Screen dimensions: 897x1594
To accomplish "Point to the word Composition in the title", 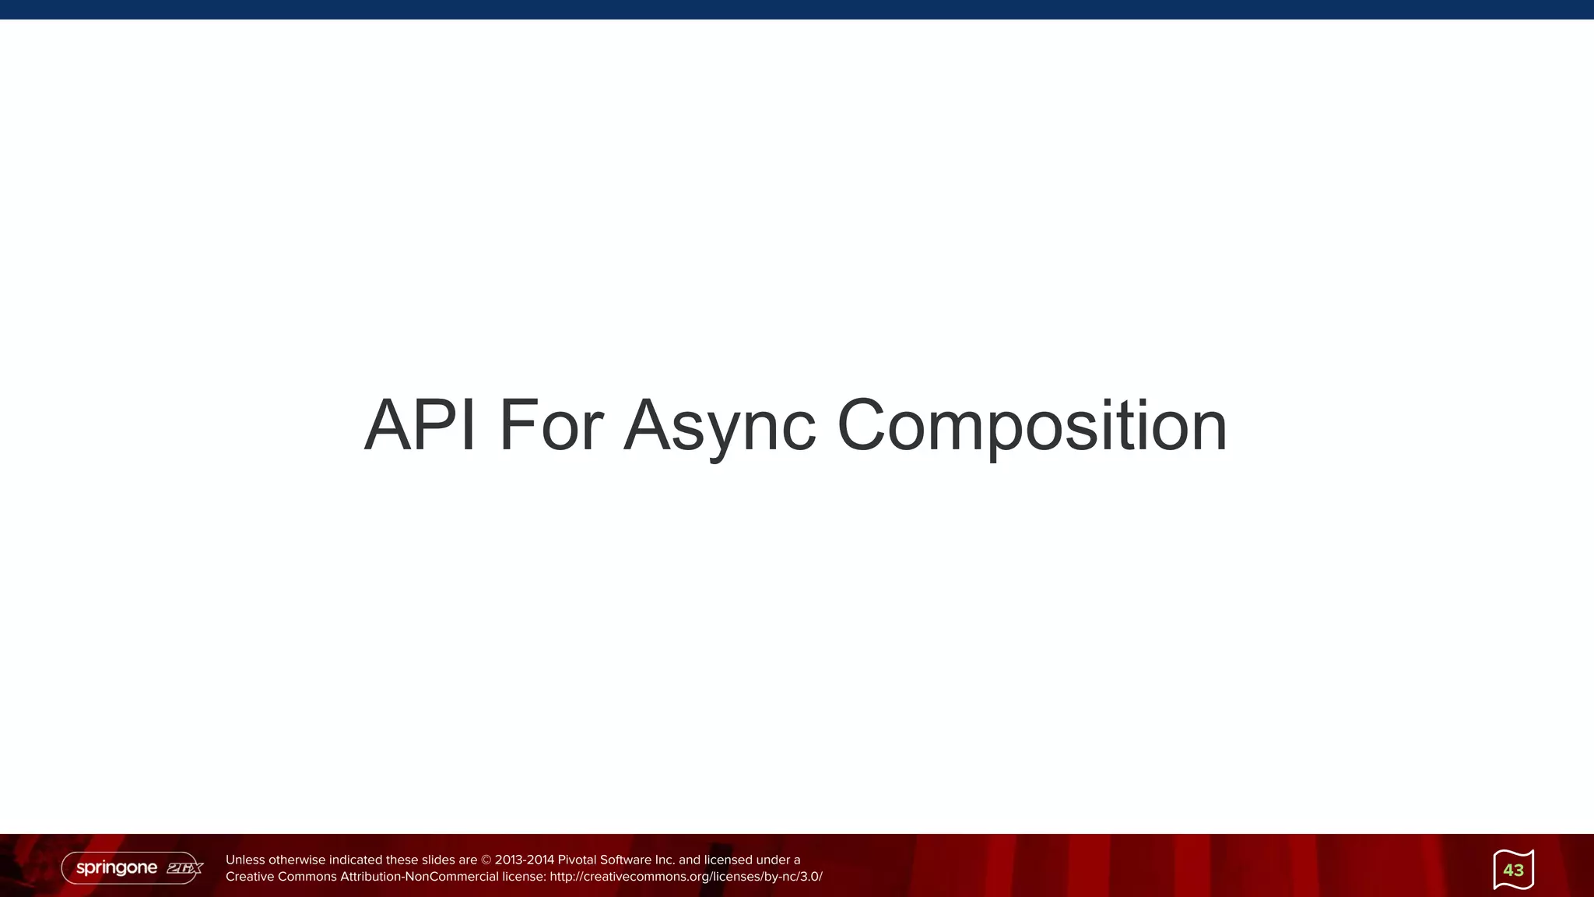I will tap(1031, 427).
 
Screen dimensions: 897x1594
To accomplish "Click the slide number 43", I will tap(1513, 870).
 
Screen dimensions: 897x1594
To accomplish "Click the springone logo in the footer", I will tap(117, 867).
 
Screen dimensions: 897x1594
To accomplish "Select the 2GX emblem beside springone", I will tap(184, 868).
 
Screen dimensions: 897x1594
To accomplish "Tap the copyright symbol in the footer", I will tap(486, 860).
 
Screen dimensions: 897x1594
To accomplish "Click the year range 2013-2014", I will tap(525, 860).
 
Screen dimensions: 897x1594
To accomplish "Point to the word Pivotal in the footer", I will tap(577, 860).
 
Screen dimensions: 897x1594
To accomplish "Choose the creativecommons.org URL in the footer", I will tap(686, 877).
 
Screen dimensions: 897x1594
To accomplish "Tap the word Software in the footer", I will tap(625, 860).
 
